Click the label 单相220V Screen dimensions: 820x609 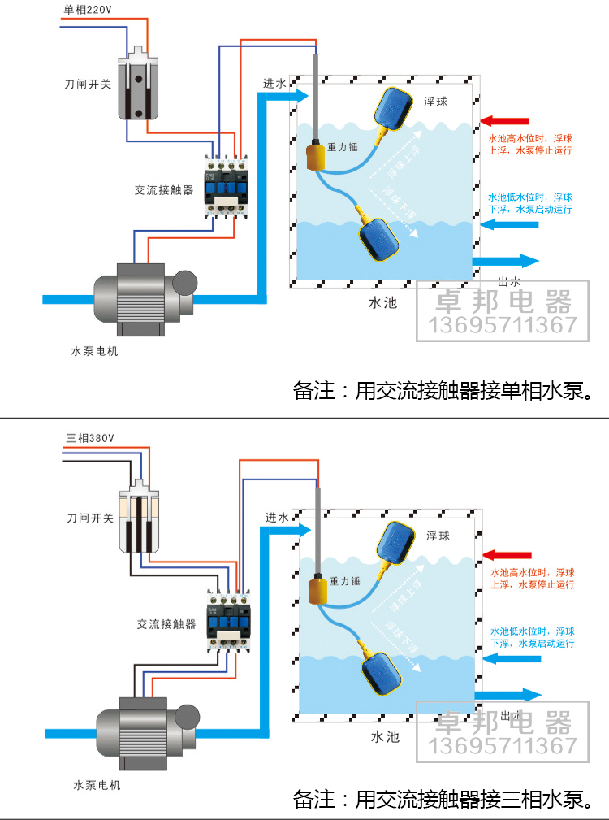click(x=89, y=11)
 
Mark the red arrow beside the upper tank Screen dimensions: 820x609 click(x=504, y=121)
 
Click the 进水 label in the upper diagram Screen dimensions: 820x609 click(x=274, y=85)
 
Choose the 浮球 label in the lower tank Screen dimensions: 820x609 click(x=438, y=536)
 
